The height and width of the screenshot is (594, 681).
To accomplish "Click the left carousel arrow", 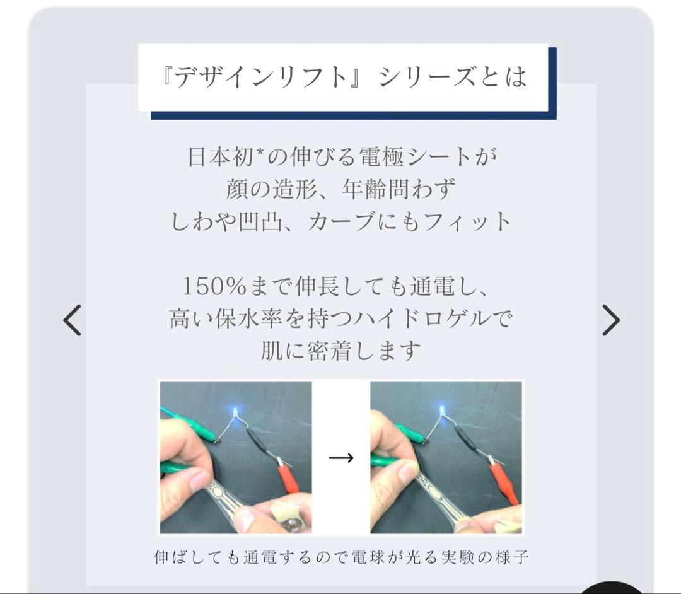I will click(x=73, y=320).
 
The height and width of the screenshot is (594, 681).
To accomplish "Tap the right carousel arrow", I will click(x=610, y=320).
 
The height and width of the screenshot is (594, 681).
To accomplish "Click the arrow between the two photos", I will click(x=340, y=457).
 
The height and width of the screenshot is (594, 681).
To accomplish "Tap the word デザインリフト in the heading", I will click(x=262, y=77).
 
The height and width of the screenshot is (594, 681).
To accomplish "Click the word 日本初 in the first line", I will click(x=215, y=156).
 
